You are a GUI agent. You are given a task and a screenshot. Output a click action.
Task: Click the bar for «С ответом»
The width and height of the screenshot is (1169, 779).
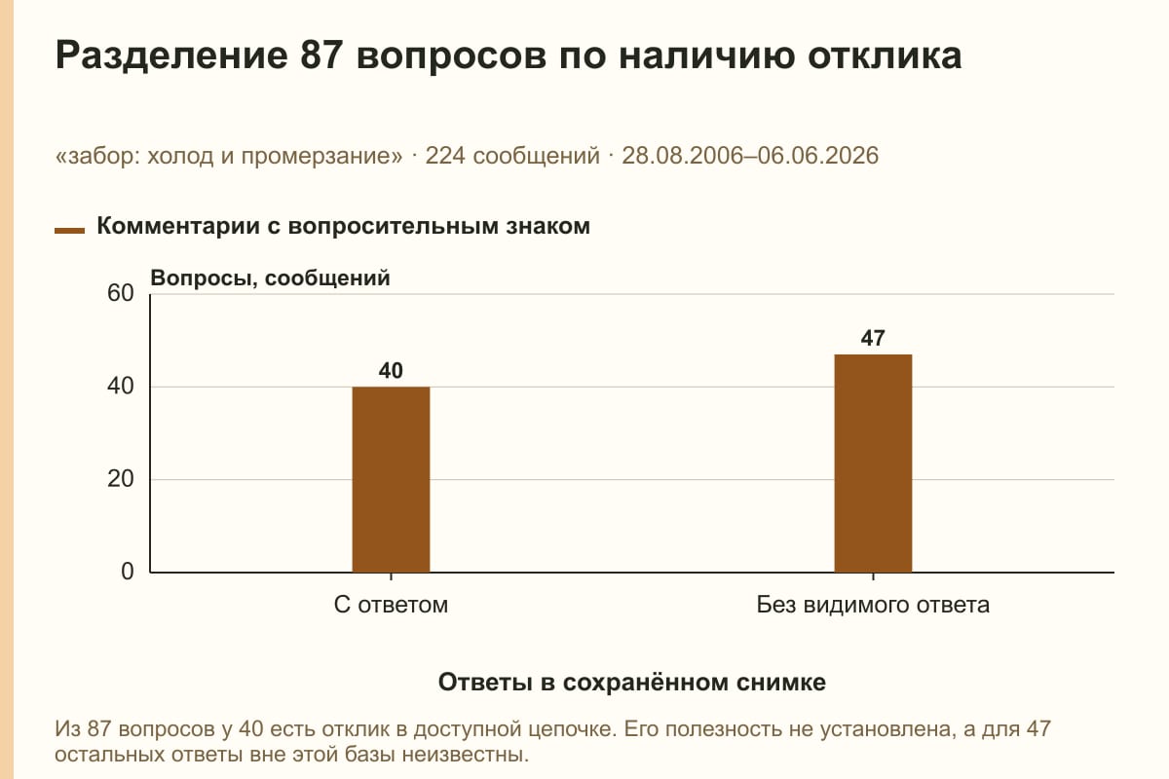[391, 479]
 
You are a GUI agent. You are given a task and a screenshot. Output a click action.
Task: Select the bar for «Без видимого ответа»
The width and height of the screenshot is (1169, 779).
[873, 463]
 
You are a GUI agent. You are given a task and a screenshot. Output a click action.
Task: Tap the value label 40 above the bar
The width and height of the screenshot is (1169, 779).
[391, 370]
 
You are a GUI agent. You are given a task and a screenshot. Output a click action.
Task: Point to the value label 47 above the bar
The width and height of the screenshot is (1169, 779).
[873, 338]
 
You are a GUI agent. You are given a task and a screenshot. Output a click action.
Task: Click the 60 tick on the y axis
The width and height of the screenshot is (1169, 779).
[121, 293]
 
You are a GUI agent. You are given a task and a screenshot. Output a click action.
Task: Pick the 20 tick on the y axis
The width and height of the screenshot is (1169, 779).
[121, 479]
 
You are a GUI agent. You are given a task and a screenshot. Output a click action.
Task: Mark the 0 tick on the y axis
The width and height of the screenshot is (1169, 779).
[128, 572]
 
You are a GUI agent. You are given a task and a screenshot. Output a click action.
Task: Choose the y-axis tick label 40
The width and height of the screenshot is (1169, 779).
[121, 387]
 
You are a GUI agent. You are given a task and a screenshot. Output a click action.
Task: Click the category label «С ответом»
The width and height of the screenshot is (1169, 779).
[391, 605]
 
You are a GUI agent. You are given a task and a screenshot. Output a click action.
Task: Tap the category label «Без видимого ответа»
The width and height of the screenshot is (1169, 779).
[873, 605]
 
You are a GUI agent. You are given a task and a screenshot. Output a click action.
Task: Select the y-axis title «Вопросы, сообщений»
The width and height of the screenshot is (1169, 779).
[271, 278]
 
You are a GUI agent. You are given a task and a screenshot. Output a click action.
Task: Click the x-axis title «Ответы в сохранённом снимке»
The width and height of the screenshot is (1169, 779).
[632, 682]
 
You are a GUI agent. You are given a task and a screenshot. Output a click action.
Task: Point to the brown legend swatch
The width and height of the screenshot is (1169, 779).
[69, 230]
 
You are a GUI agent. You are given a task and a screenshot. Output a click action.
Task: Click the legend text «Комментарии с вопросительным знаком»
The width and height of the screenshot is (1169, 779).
[343, 226]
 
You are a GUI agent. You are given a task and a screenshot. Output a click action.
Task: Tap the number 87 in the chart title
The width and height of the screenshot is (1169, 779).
[321, 55]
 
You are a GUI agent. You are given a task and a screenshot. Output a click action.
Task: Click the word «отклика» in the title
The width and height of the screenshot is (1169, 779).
[885, 56]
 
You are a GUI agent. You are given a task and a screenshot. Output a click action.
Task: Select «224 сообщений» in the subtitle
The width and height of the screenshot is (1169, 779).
[512, 156]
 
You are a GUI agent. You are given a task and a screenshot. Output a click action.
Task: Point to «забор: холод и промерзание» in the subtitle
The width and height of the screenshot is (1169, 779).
[229, 156]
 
